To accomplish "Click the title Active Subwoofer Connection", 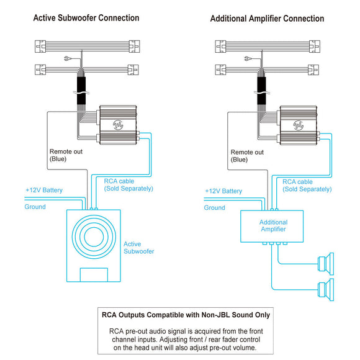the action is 86,18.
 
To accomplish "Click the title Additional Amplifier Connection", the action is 268,19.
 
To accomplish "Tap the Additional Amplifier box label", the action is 273,226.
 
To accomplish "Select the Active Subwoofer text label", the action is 138,248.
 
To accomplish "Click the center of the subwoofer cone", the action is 94,236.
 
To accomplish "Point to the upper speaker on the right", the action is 326,264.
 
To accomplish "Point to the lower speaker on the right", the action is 326,290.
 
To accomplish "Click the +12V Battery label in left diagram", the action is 44,190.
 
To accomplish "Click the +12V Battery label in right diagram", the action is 223,191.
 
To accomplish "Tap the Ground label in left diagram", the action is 35,207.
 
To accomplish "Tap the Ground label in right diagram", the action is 214,207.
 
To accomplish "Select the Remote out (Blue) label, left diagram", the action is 66,155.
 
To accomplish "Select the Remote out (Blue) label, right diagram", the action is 247,156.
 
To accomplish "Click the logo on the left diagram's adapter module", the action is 118,125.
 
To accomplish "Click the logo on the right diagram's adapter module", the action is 299,125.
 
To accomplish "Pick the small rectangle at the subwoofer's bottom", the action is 94,275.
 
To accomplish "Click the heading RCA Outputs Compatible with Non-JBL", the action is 186,315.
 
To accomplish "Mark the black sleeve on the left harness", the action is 81,91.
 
